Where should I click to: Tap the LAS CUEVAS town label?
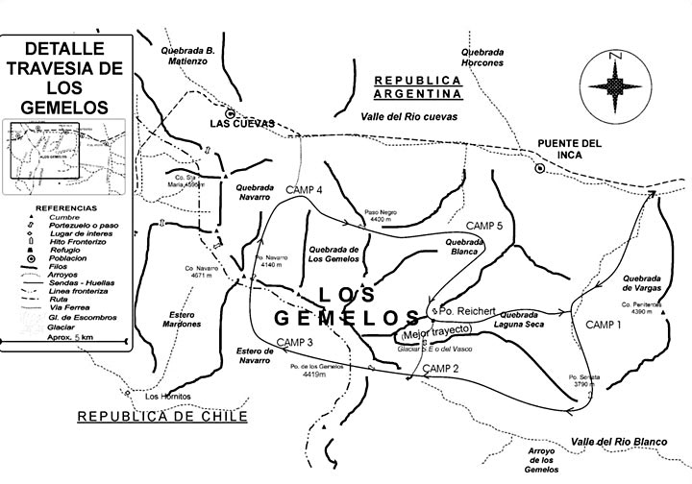[x=243, y=123]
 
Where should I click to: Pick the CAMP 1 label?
[x=605, y=324]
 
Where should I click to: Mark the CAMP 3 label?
[x=295, y=343]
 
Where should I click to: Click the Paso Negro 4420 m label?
[x=382, y=216]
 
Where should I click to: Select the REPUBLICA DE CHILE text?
[x=162, y=416]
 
